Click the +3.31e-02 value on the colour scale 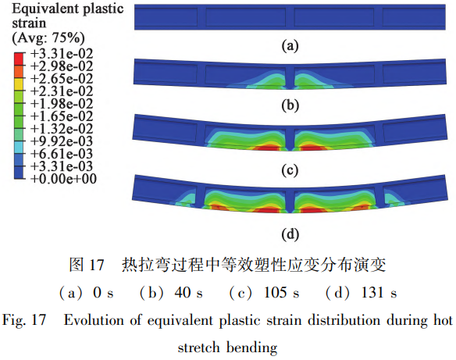click(x=62, y=54)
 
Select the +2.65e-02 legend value click(x=62, y=79)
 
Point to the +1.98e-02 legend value click(x=62, y=104)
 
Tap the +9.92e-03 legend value click(x=62, y=141)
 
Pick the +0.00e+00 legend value click(x=63, y=179)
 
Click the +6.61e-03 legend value click(x=62, y=154)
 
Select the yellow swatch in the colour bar click(x=19, y=84)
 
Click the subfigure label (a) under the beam click(x=290, y=46)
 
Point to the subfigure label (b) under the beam click(x=290, y=105)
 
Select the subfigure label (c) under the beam click(x=290, y=170)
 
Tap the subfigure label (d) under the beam click(x=290, y=234)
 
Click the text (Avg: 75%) click(x=48, y=37)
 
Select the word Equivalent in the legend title click(x=45, y=9)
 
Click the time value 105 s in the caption click(x=281, y=292)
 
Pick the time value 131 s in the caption click(x=379, y=292)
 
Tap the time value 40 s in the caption click(x=188, y=292)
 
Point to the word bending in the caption click(x=252, y=348)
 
